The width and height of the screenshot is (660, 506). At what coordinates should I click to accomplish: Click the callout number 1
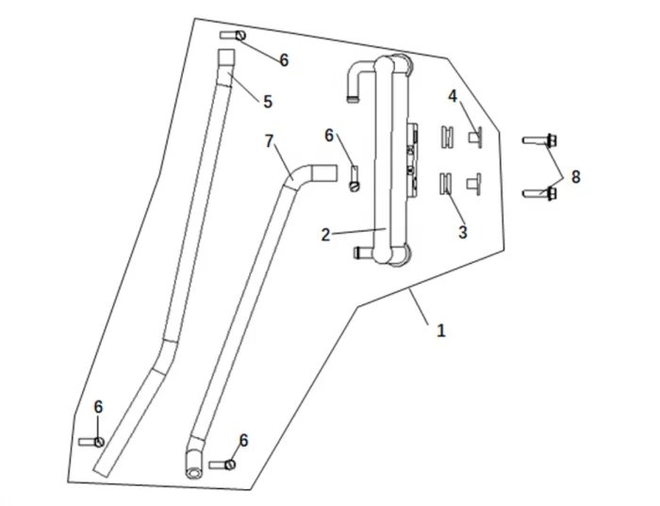tap(440, 331)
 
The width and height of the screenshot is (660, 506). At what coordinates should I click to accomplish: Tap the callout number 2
tap(325, 235)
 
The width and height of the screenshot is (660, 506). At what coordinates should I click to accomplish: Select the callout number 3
tap(462, 232)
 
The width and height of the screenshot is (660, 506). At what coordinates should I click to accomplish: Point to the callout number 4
tap(453, 96)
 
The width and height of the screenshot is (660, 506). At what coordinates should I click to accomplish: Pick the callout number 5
tap(267, 101)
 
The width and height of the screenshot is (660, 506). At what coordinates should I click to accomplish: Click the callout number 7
tap(270, 141)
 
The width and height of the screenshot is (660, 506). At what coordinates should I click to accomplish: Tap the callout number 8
tap(575, 176)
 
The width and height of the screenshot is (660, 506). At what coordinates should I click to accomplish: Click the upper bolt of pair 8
tap(540, 140)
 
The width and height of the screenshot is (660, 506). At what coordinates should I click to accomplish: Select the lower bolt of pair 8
tap(540, 194)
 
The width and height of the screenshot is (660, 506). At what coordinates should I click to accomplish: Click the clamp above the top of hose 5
tap(234, 35)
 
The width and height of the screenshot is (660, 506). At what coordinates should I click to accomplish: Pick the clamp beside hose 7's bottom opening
tap(223, 464)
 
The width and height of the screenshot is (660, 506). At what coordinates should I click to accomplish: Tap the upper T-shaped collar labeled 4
tap(475, 137)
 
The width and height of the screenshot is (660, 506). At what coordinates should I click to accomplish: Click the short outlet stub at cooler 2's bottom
tap(364, 252)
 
